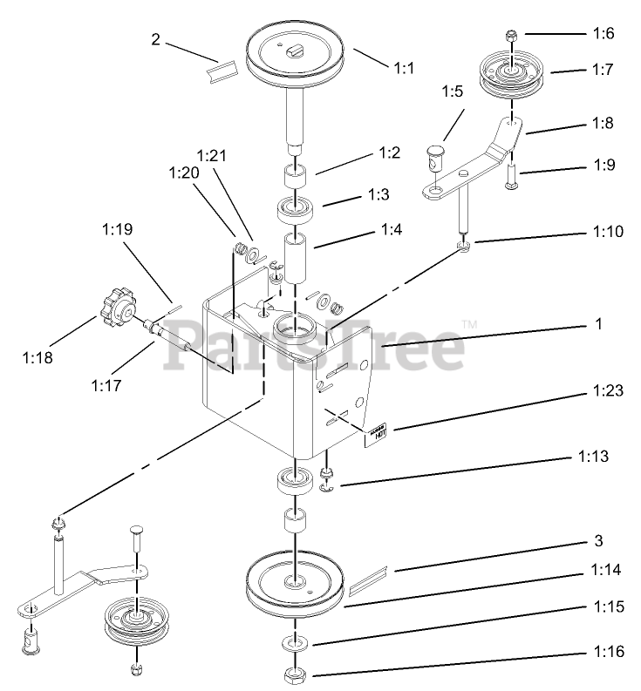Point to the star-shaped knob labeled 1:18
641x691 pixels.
click(117, 310)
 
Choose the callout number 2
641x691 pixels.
click(155, 38)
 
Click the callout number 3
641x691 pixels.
click(597, 541)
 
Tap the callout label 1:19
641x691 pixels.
click(116, 231)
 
